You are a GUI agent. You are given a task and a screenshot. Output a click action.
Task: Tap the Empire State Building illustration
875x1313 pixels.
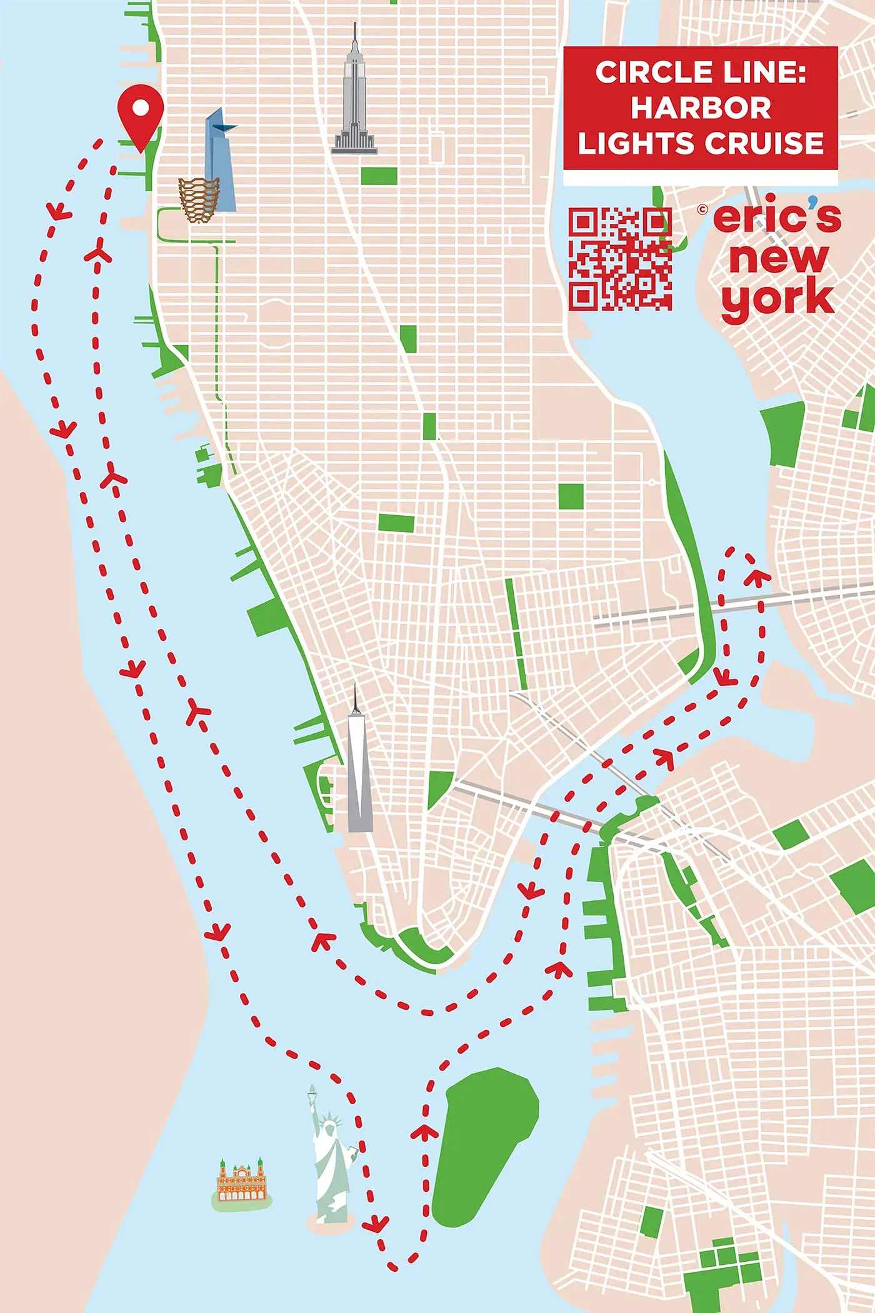(x=354, y=100)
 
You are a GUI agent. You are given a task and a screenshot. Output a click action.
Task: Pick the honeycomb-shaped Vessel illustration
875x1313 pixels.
(x=199, y=199)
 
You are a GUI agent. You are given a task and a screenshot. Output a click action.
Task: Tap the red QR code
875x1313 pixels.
(x=620, y=259)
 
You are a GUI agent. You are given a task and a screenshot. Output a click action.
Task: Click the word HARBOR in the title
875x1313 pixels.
(x=700, y=108)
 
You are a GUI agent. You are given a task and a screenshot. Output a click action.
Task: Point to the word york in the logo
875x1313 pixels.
(x=777, y=299)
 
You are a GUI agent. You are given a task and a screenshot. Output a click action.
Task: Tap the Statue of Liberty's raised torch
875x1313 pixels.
(x=311, y=1090)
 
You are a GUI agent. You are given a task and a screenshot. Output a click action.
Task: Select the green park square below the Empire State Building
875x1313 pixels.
(x=379, y=176)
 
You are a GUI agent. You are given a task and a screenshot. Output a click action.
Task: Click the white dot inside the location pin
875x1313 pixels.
(x=141, y=108)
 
